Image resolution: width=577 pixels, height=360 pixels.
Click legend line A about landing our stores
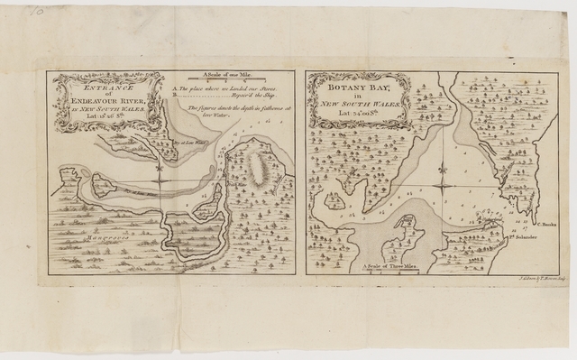pyautogui.click(x=233, y=92)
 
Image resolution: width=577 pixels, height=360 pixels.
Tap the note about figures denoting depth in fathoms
pyautogui.click(x=235, y=114)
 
